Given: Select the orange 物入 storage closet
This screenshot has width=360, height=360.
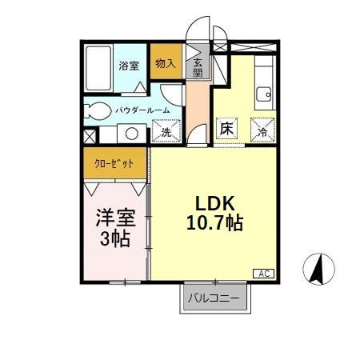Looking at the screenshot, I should pos(166,62).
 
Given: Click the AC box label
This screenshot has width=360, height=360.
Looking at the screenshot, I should pos(264,273).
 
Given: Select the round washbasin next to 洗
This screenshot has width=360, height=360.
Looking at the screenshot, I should pos(133,134).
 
